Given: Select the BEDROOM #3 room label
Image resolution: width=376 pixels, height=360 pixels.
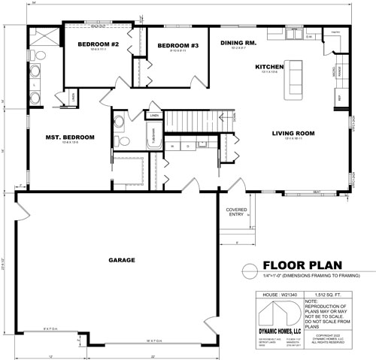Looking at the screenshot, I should (178, 47).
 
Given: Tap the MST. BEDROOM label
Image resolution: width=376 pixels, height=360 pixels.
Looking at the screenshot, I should (70, 137).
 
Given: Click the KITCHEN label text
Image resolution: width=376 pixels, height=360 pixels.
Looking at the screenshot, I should (269, 67).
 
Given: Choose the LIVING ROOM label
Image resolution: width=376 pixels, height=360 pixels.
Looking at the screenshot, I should (293, 133).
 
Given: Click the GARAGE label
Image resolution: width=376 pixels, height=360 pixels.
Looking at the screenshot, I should (121, 260).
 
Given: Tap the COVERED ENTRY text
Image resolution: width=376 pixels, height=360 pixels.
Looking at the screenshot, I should (236, 213).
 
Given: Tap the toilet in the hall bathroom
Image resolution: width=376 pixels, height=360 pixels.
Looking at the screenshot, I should (118, 126).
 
